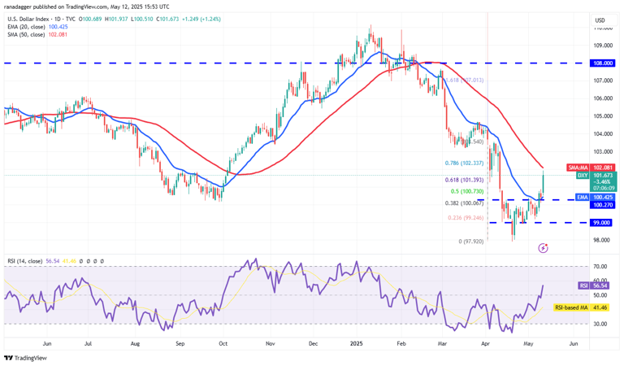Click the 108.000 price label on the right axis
[601, 63]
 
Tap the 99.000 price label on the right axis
[601, 222]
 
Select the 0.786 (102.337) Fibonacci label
[466, 163]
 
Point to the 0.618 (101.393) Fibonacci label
[466, 179]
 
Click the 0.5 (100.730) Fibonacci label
[469, 190]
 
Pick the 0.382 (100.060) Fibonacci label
[466, 203]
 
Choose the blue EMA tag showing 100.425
[601, 197]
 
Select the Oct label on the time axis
[222, 344]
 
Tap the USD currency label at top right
[600, 20]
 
